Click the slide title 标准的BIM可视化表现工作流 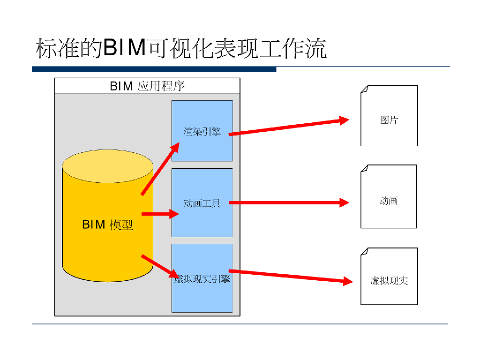pyautogui.click(x=181, y=49)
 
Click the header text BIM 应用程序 pyautogui.click(x=147, y=86)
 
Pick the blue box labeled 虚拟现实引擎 pyautogui.click(x=202, y=295)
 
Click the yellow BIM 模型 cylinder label pyautogui.click(x=108, y=225)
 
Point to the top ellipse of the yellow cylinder pyautogui.click(x=108, y=166)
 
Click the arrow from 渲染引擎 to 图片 pyautogui.click(x=288, y=127)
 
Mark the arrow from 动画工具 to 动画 pyautogui.click(x=288, y=203)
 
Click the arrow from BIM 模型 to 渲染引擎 pyautogui.click(x=160, y=169)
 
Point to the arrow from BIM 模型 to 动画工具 pyautogui.click(x=160, y=214)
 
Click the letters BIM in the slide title pyautogui.click(x=123, y=49)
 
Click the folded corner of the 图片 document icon pyautogui.click(x=364, y=89)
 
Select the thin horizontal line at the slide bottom pyautogui.click(x=240, y=324)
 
